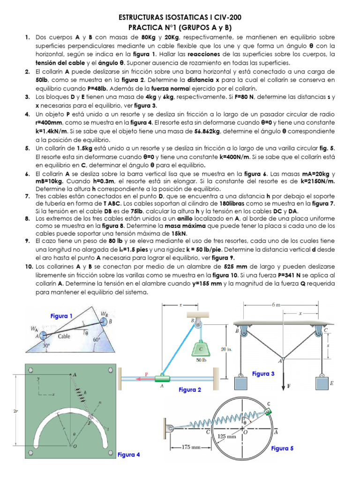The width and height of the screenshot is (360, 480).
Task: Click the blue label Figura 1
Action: click(61, 316)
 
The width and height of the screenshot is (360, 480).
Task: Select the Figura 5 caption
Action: click(282, 448)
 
